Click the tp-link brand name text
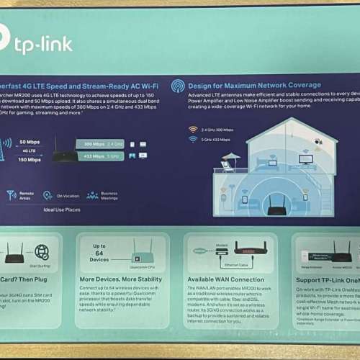pyautogui.click(x=43, y=45)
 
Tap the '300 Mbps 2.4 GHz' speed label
pyautogui.click(x=104, y=144)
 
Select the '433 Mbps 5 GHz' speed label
pyautogui.click(x=104, y=156)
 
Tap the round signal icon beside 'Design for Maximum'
pyautogui.click(x=178, y=86)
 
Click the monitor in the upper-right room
pyautogui.click(x=306, y=158)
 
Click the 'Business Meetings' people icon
pyautogui.click(x=92, y=195)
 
